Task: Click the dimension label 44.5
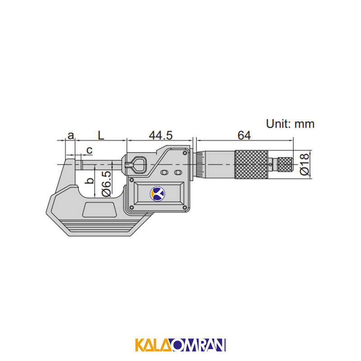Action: tap(161, 135)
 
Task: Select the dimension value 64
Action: tap(244, 135)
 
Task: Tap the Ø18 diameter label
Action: tap(304, 164)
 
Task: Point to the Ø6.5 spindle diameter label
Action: tap(106, 184)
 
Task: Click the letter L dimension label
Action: tap(101, 135)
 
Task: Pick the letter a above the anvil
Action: tap(71, 136)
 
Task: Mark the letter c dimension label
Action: tap(89, 150)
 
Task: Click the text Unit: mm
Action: tap(290, 124)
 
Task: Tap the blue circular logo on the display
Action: tap(157, 194)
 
